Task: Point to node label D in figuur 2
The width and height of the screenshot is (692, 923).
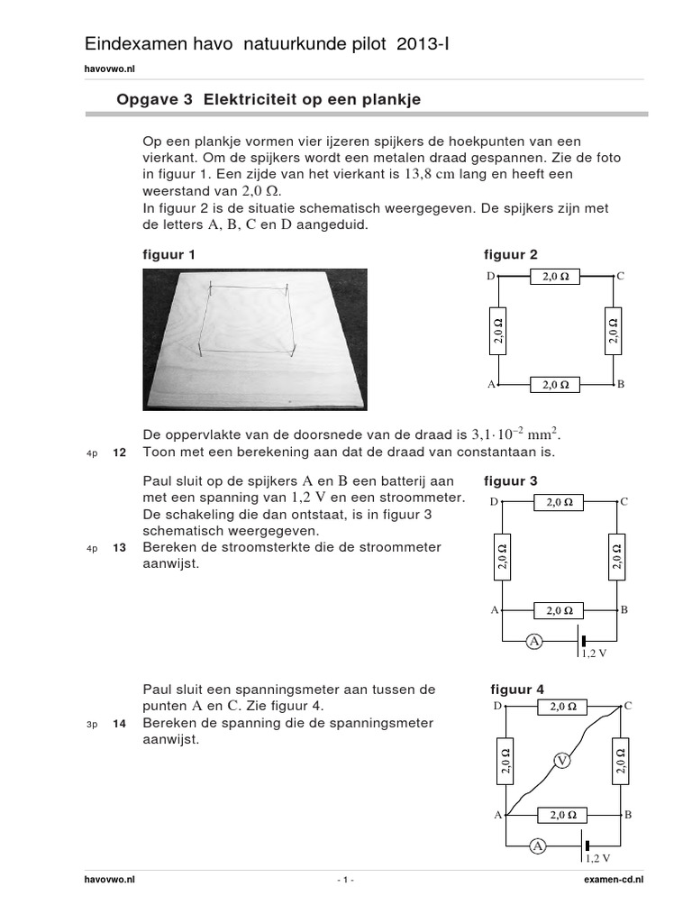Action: (x=491, y=277)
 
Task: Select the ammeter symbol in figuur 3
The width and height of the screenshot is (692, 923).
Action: (x=534, y=641)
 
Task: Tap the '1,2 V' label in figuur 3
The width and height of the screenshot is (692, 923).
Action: (x=594, y=653)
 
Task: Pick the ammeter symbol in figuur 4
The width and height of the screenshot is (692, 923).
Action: (x=538, y=845)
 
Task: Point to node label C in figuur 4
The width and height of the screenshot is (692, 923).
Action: (x=627, y=706)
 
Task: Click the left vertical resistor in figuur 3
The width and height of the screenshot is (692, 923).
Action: (x=503, y=555)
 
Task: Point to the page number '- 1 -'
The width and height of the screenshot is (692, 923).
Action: (x=345, y=879)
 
